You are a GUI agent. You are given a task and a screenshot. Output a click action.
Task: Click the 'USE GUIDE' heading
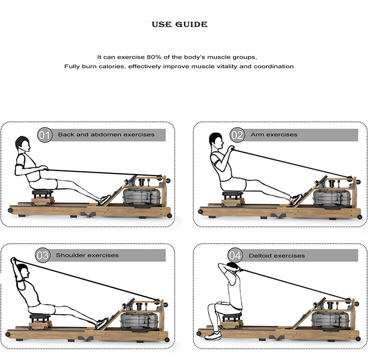click(179, 24)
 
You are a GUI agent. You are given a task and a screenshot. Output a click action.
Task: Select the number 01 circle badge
click(44, 135)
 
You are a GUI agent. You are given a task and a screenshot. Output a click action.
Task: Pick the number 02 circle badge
click(237, 135)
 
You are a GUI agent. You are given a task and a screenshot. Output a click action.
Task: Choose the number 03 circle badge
click(42, 256)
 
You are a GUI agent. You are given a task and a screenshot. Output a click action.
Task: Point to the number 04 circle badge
click(235, 256)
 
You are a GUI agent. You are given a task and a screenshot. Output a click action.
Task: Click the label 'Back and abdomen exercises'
click(106, 135)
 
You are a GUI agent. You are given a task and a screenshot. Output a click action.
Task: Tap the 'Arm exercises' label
click(273, 135)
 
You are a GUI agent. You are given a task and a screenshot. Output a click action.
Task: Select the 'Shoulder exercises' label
click(87, 255)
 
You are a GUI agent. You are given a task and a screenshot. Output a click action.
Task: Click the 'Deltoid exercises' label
click(277, 256)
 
